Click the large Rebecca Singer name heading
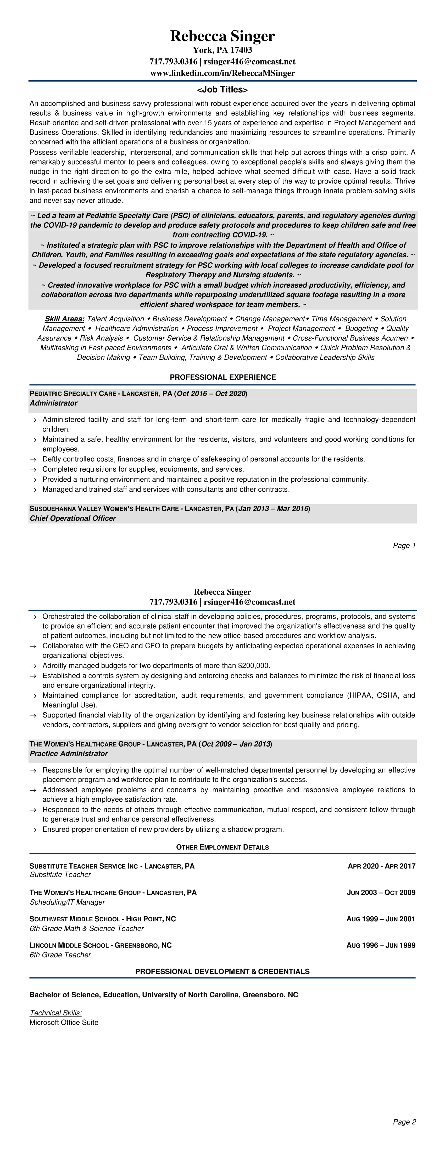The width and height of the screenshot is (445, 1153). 222,36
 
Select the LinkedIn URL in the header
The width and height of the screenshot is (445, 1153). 222,73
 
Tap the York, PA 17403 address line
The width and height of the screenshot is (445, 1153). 222,50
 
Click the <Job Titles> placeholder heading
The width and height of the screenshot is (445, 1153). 222,90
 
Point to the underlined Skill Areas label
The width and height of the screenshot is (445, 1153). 64,319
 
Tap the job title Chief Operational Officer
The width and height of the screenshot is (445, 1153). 73,518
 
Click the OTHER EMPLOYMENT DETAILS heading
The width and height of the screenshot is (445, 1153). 222,847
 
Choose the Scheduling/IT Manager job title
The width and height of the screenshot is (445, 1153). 67,902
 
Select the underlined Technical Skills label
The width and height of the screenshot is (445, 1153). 55,1013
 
